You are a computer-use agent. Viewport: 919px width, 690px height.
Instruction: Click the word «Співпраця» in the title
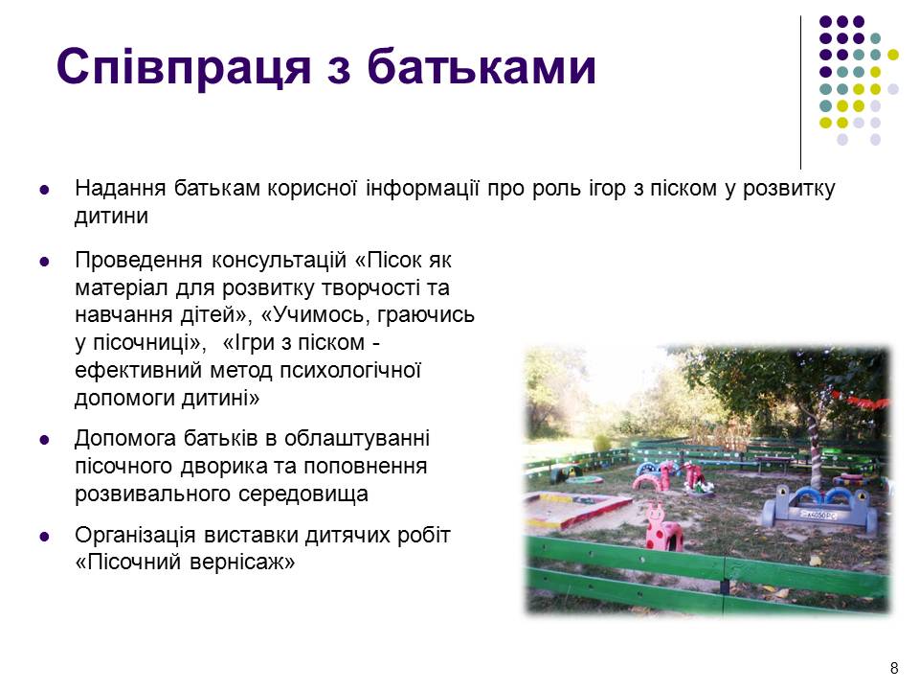pyautogui.click(x=184, y=66)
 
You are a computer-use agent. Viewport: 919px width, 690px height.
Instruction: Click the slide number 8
pyautogui.click(x=894, y=668)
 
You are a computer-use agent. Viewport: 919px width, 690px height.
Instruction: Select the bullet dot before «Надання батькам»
pyautogui.click(x=45, y=190)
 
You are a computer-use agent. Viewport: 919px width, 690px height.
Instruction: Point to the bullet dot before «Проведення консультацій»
pyautogui.click(x=45, y=262)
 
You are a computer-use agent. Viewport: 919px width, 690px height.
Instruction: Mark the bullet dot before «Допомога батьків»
pyautogui.click(x=45, y=440)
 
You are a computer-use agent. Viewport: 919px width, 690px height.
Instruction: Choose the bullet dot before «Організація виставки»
pyautogui.click(x=45, y=537)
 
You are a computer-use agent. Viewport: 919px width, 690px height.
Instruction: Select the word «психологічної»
pyautogui.click(x=350, y=371)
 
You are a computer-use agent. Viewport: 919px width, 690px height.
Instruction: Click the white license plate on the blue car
pyautogui.click(x=820, y=516)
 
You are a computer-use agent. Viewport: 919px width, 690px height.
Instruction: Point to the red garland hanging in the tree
pyautogui.click(x=861, y=401)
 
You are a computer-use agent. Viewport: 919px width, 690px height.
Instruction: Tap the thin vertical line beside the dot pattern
pyautogui.click(x=800, y=92)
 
